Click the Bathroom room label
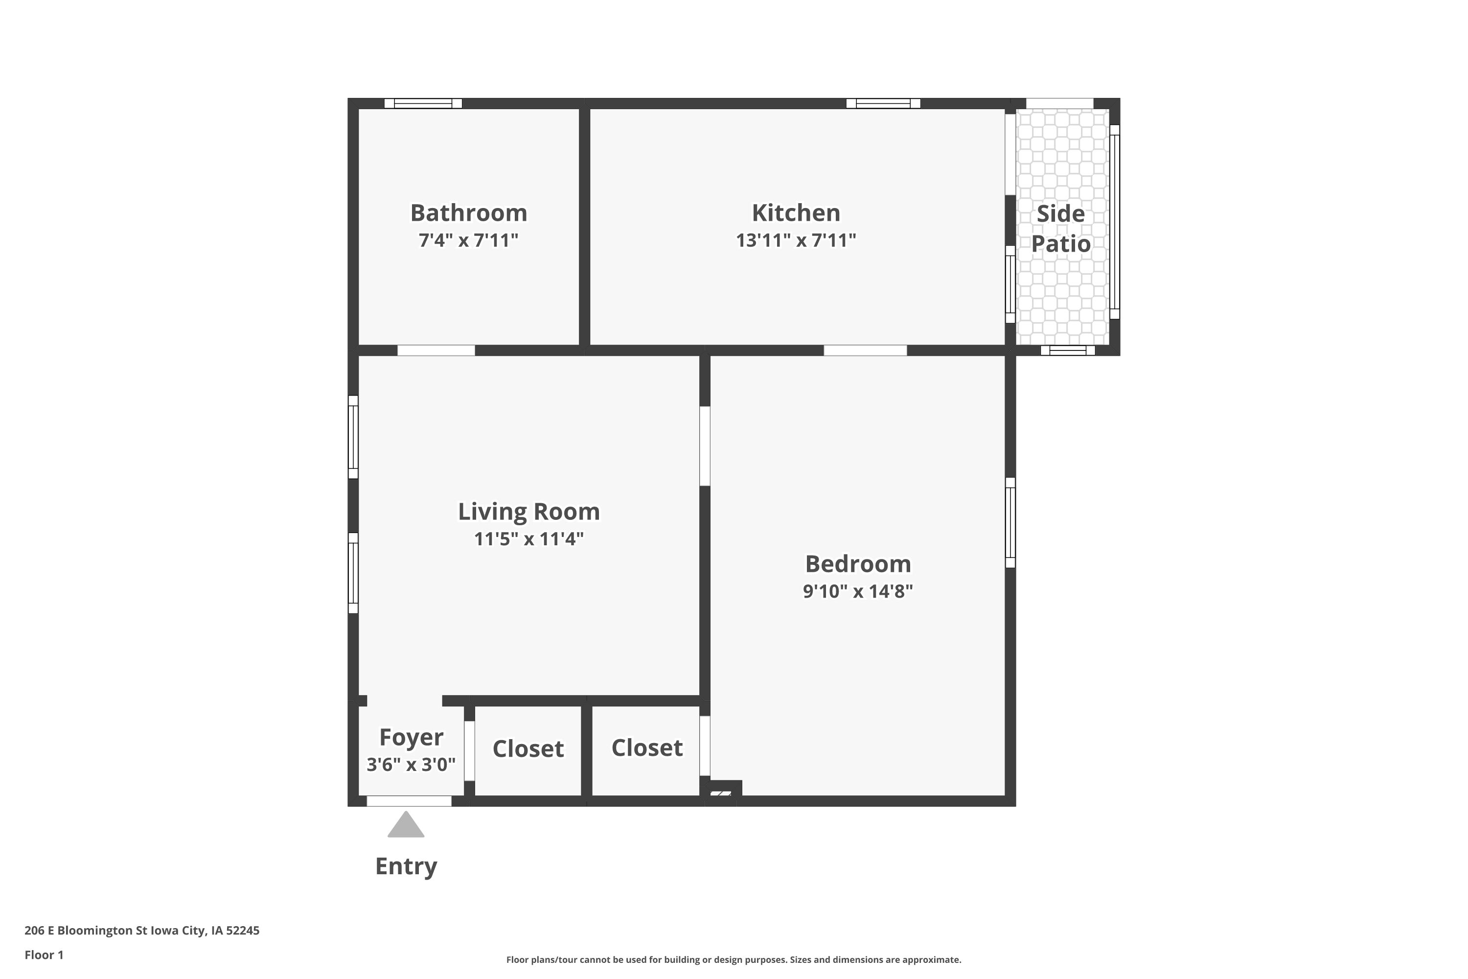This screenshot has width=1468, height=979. pos(468,213)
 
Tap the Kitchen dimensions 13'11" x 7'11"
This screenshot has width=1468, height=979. pos(796,240)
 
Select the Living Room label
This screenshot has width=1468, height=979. pos(528,512)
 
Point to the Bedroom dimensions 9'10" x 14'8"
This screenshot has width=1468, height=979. pos(858,591)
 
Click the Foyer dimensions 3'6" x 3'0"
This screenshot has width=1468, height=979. pos(411,764)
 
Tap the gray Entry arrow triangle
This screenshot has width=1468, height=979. pos(406,824)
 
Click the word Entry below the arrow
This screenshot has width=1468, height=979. pos(406,866)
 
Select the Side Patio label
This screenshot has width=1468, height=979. pos(1060,229)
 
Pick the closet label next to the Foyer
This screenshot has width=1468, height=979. pos(528,748)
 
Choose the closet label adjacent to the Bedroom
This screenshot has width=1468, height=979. pos(646,748)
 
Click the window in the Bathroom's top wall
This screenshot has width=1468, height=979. pos(423,104)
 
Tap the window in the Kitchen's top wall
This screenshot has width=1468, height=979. pos(883,104)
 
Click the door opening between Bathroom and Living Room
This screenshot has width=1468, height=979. pos(436,350)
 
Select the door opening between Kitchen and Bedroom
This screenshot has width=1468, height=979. pos(865,350)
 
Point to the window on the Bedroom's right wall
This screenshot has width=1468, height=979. pos(1010,523)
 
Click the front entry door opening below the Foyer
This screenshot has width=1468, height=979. pos(409,801)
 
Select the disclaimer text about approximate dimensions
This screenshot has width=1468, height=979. pos(734,959)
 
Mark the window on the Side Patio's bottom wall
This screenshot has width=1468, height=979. pos(1068,350)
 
